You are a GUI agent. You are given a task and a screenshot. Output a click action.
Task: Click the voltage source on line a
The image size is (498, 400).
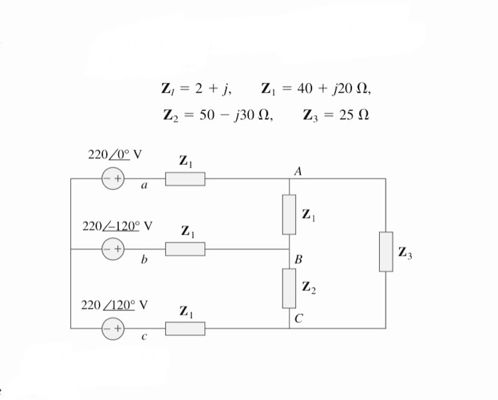[x=114, y=178]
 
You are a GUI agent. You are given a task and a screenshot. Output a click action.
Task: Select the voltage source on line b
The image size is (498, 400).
[x=114, y=249]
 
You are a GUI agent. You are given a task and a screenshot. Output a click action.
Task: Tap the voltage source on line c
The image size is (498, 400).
[x=114, y=328]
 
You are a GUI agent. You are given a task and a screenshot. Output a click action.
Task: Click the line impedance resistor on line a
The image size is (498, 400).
[x=185, y=178]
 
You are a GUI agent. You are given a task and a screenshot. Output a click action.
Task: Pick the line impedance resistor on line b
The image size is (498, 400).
[x=185, y=249]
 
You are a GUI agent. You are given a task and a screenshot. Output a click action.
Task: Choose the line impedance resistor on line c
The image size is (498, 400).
[x=185, y=328]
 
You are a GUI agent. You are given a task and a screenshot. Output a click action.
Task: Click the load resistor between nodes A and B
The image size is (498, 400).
[x=289, y=214]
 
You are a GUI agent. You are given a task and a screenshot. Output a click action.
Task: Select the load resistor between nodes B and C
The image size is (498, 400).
[x=289, y=288]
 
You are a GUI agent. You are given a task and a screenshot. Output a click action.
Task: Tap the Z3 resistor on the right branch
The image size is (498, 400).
[x=386, y=252]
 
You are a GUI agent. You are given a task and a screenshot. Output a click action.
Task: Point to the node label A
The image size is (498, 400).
[x=297, y=171]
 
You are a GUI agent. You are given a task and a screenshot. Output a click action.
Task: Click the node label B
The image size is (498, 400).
[x=298, y=260]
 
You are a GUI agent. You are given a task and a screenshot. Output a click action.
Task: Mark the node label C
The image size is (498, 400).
[x=299, y=319]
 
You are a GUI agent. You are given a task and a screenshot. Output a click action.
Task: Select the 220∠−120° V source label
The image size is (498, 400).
[x=117, y=227]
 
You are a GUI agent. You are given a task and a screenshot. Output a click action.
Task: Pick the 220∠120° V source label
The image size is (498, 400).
[x=115, y=305]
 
